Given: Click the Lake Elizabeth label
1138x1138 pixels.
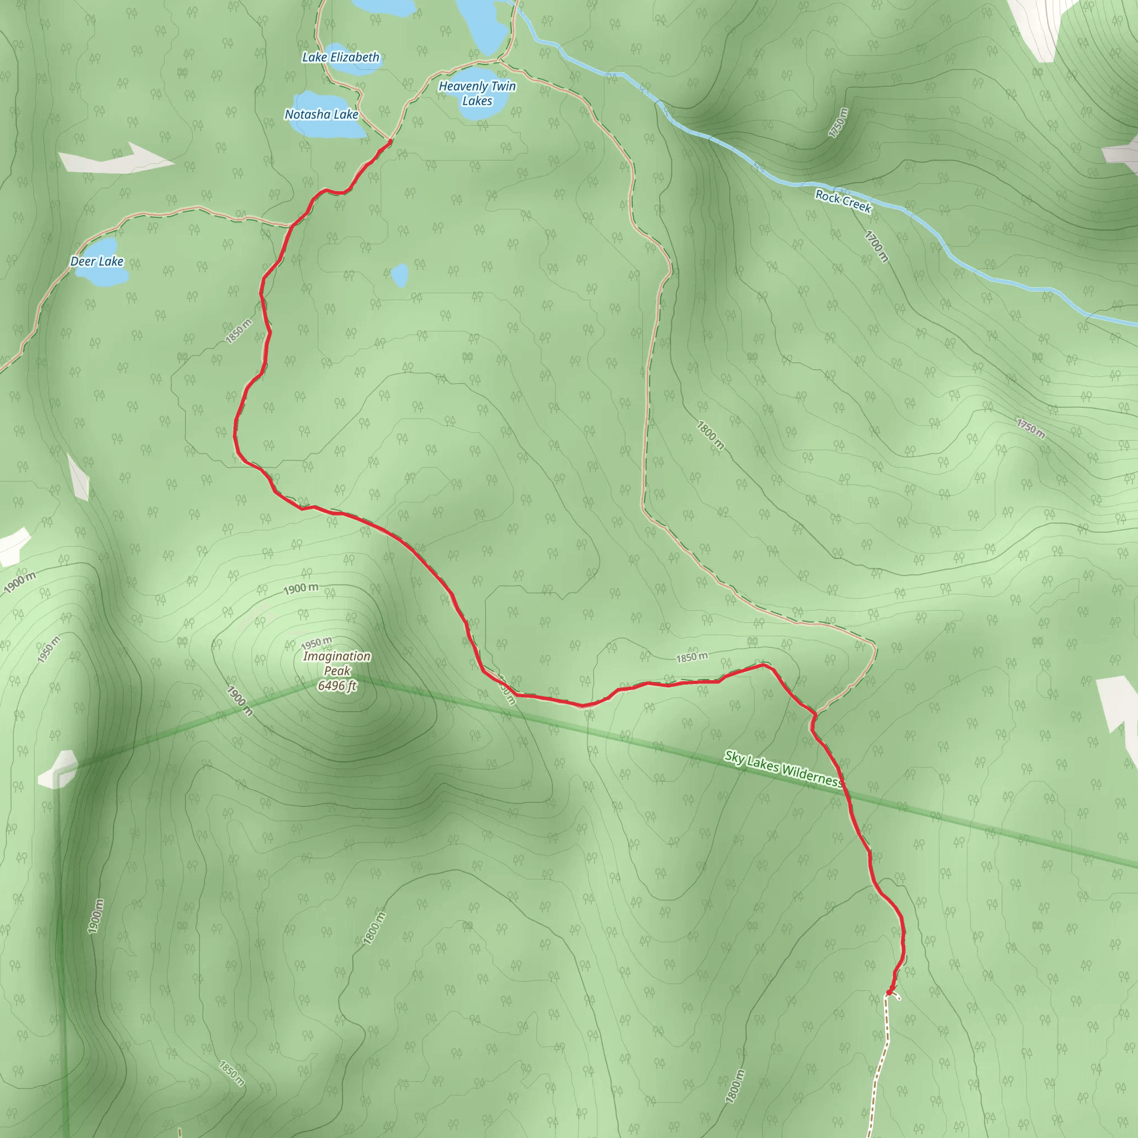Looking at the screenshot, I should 341,57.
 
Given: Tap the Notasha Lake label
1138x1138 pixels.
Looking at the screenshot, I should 321,114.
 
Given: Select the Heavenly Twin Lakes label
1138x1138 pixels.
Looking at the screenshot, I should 477,93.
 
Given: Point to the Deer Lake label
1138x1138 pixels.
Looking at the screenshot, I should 97,261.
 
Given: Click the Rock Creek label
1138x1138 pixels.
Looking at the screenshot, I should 843,201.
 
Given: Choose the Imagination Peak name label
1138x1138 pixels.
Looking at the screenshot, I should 337,663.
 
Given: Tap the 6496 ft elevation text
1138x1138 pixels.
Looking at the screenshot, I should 337,686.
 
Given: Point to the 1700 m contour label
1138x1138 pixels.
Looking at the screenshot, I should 876,246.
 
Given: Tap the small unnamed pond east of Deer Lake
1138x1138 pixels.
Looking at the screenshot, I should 400,274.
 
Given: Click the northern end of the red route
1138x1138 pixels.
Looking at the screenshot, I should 390,141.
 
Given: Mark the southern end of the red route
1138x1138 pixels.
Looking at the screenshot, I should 889,994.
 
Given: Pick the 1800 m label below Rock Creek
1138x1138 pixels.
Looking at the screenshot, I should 710,435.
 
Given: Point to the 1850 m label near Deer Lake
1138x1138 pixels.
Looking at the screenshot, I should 238,331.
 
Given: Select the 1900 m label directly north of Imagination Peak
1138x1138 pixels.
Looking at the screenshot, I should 301,588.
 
